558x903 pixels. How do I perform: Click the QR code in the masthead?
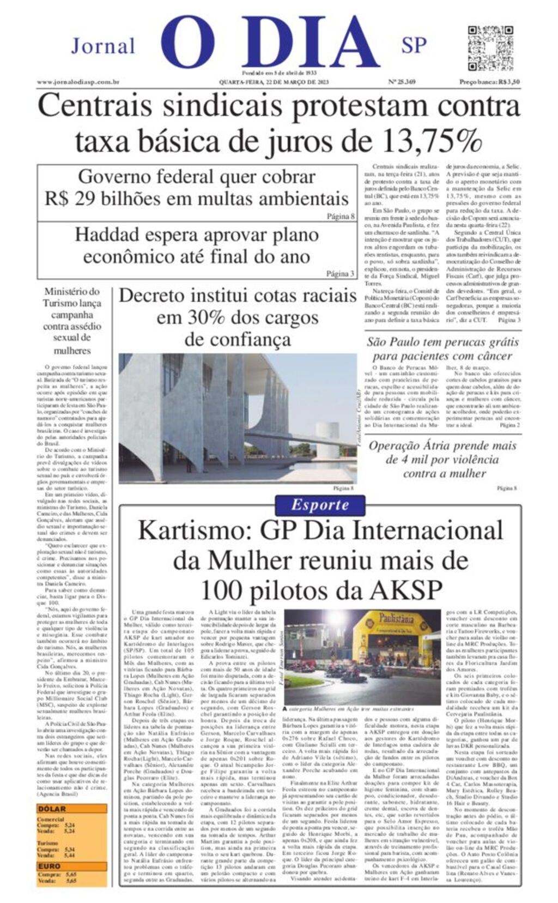coord(490,48)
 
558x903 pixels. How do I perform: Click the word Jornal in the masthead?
coord(103,46)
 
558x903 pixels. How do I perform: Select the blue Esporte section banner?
coord(319,504)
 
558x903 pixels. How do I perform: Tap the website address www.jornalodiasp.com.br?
coord(78,82)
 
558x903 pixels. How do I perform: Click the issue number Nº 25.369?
coord(402,82)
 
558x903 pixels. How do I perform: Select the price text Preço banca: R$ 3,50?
coord(489,82)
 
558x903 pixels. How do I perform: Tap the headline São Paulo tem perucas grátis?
coord(442,342)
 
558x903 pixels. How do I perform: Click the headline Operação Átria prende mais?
coord(442,446)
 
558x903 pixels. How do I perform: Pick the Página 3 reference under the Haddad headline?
coord(340,274)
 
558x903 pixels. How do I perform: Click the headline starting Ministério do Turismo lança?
coord(72,292)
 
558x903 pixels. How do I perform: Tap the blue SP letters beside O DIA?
coord(414,46)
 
